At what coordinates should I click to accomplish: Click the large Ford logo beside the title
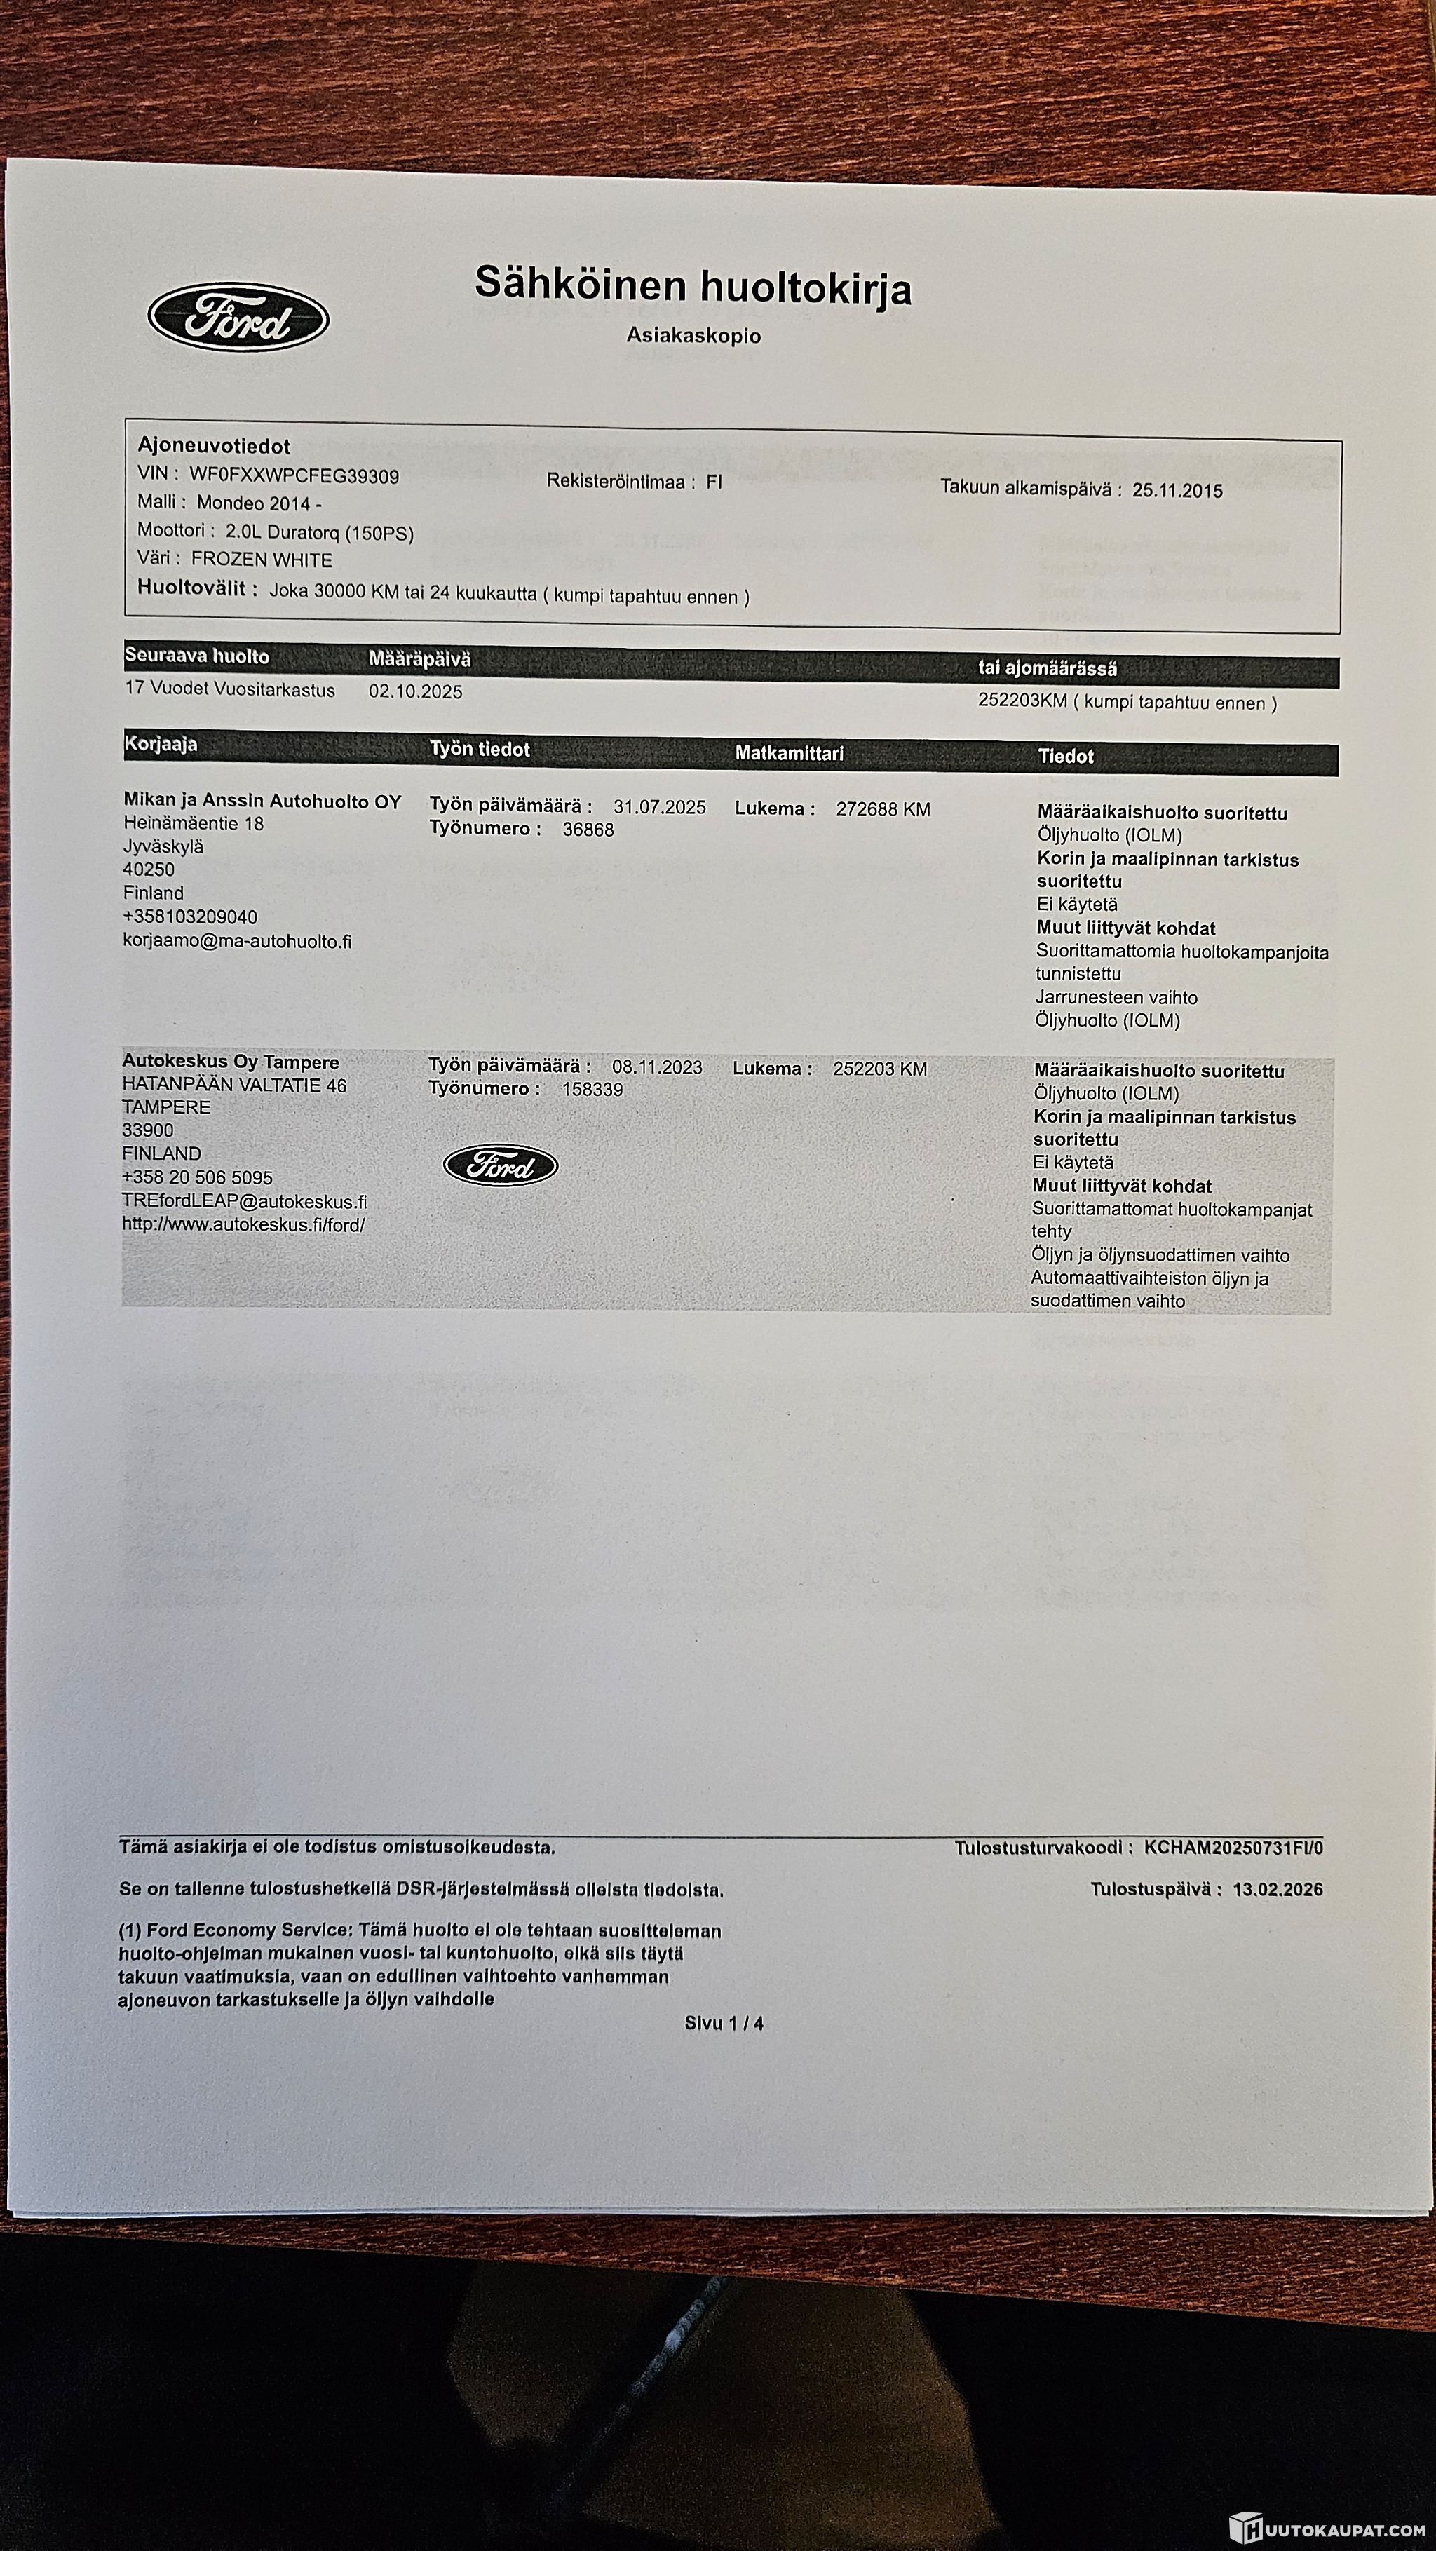tap(238, 317)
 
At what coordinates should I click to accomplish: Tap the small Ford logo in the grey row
tap(500, 1165)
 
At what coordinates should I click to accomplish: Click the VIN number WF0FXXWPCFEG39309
tap(294, 475)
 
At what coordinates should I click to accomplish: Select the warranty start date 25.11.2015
tap(1177, 490)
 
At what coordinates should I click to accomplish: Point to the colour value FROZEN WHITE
tap(262, 560)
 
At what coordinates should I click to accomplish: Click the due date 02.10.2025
tap(415, 691)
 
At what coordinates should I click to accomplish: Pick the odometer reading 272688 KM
tap(882, 809)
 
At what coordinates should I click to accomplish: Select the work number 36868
tap(588, 830)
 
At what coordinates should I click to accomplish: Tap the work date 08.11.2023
tap(656, 1067)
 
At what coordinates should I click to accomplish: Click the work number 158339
tap(592, 1089)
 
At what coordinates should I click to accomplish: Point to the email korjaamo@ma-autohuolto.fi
tap(237, 941)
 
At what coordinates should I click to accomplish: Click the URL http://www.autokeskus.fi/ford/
tap(243, 1224)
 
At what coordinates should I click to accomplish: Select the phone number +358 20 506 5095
tap(197, 1177)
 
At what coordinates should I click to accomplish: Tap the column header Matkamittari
tap(790, 752)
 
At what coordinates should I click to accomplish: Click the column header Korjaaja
tap(161, 744)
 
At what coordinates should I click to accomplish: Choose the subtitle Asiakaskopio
tap(693, 336)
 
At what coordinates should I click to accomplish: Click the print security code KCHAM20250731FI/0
tap(1233, 1847)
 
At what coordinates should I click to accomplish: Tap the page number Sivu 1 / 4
tap(724, 2023)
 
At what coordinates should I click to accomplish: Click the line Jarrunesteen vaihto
tap(1116, 997)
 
